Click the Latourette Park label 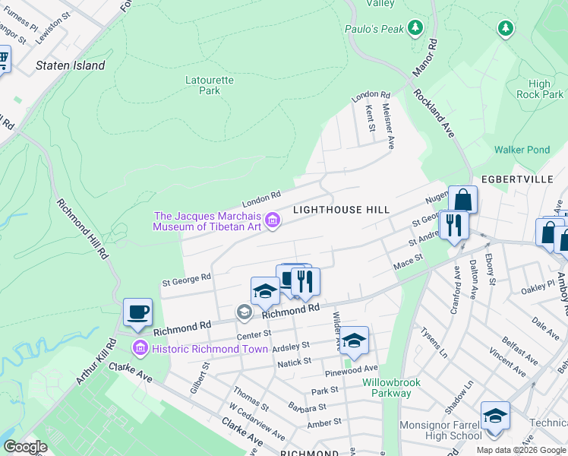point(210,85)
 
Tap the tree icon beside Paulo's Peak point(415,29)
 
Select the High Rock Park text point(540,90)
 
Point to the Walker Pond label point(522,150)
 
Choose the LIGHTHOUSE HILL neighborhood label point(342,210)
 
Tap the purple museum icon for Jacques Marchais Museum point(273,221)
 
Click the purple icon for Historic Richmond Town point(139,349)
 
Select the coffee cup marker point(137,312)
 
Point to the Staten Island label point(71,65)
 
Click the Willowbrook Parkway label point(387,388)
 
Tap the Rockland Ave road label point(434,113)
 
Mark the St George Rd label point(186,280)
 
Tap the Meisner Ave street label point(387,125)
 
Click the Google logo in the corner point(25,446)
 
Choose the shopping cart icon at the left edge point(3,59)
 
